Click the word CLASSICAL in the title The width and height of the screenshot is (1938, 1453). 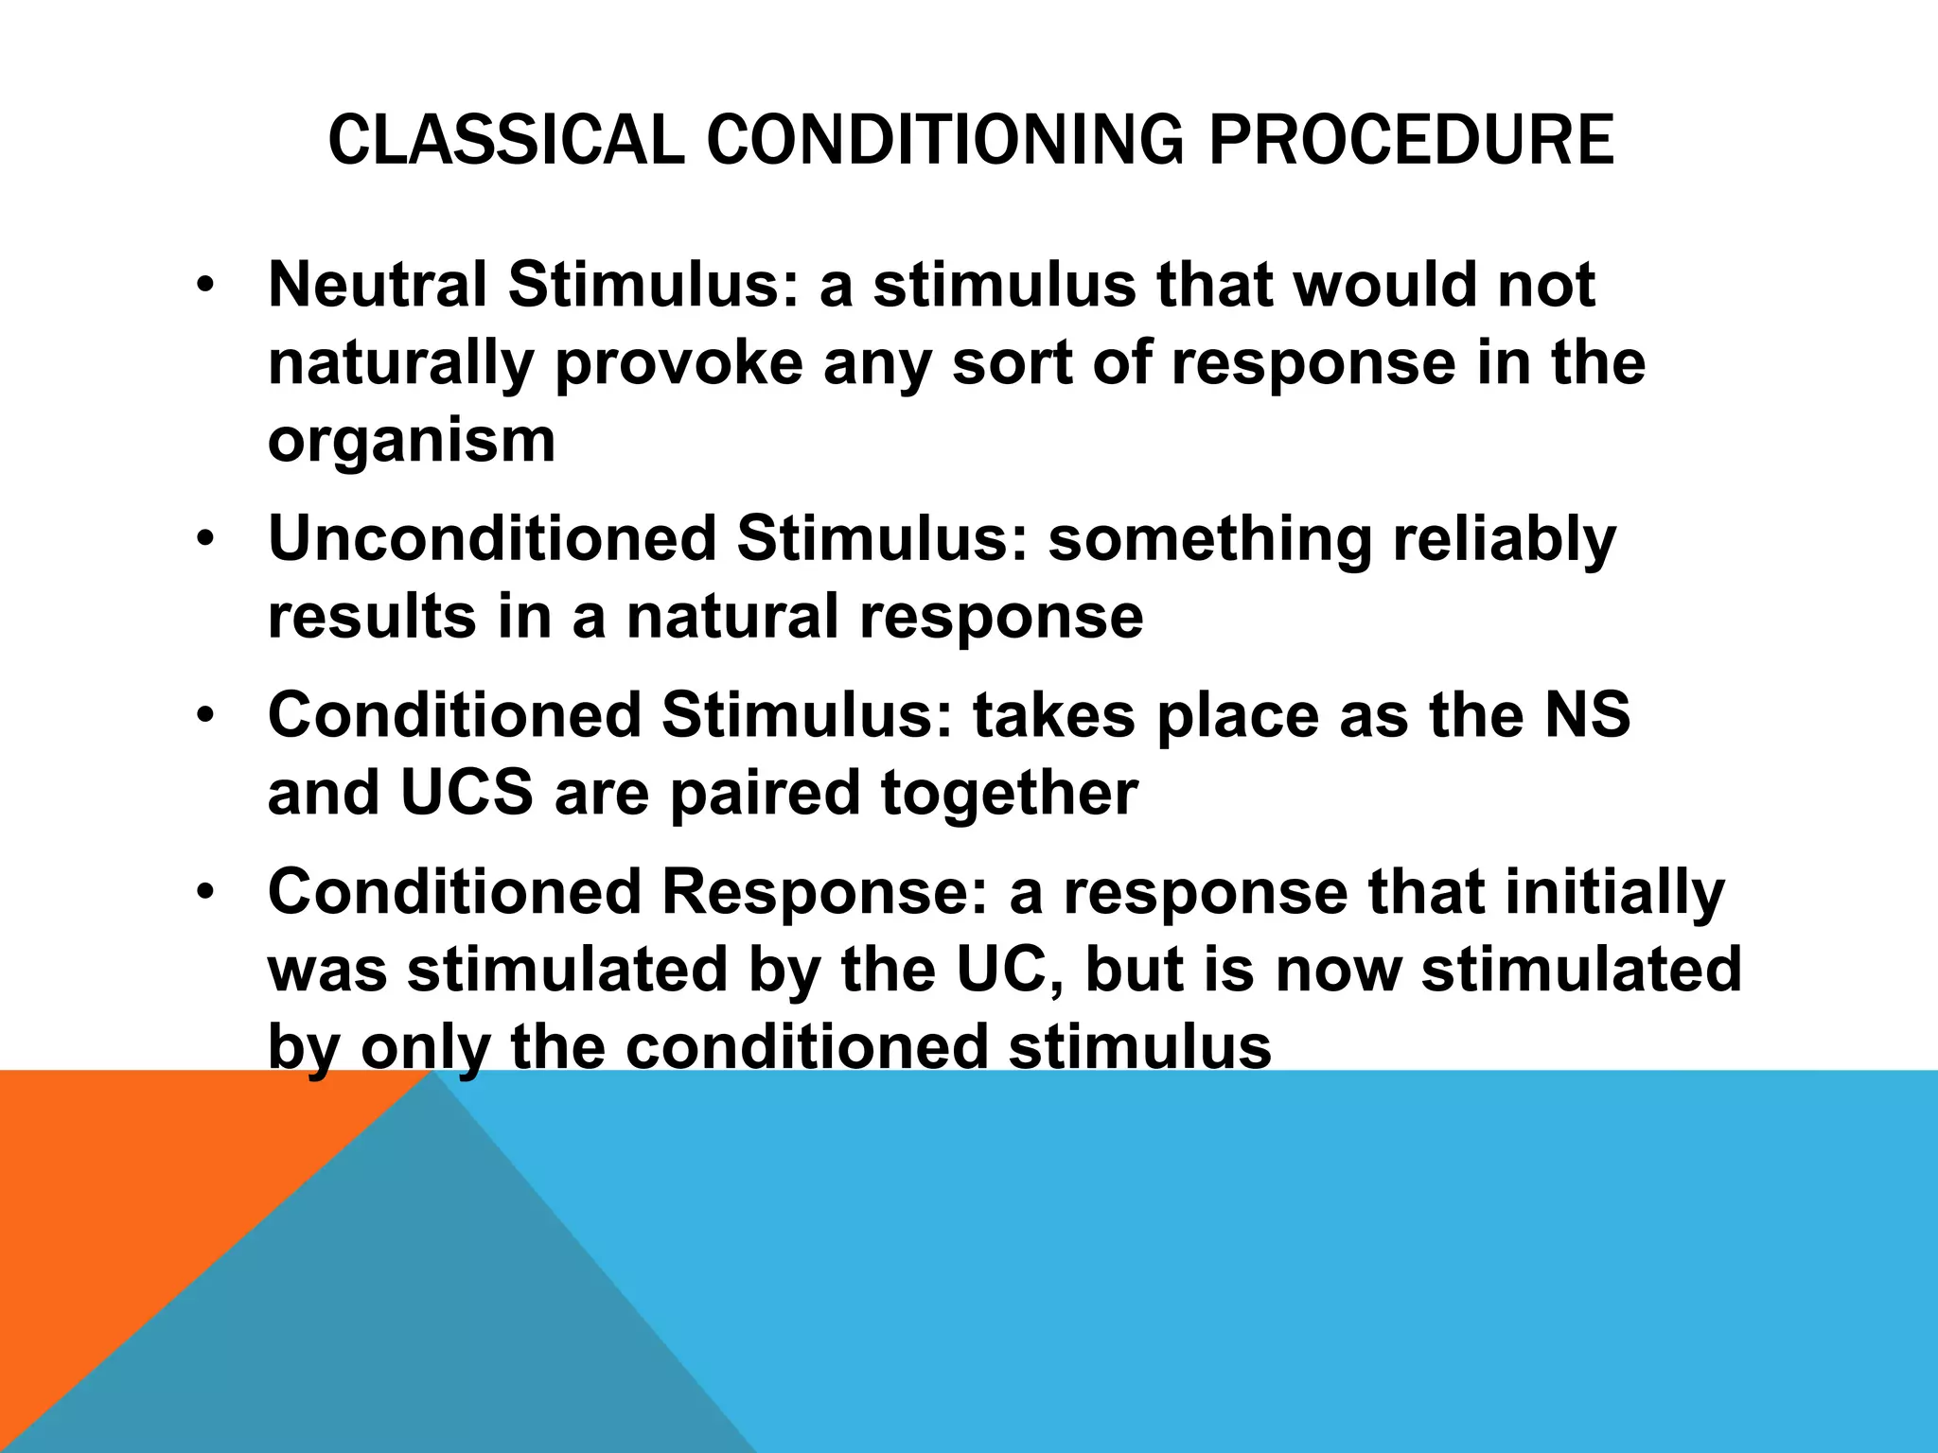[505, 141]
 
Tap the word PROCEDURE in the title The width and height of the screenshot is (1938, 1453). [1412, 141]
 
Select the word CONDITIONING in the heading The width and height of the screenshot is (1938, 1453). [945, 141]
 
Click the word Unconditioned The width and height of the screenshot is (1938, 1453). [492, 538]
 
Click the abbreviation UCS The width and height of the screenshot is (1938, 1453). [467, 793]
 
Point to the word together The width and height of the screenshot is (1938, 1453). [1010, 793]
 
